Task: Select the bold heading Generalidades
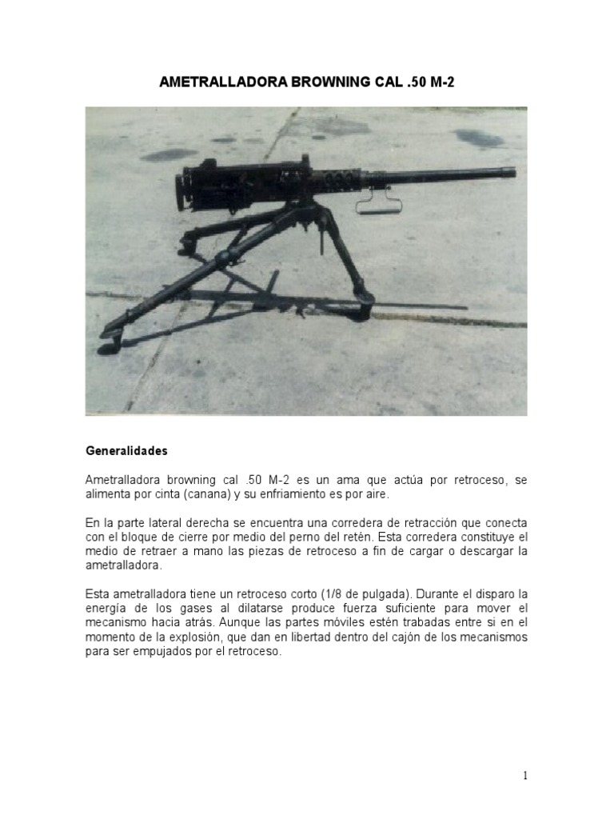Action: coord(126,451)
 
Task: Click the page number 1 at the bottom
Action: coord(524,775)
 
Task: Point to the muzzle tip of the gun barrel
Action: coord(512,172)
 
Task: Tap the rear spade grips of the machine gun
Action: coord(183,190)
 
